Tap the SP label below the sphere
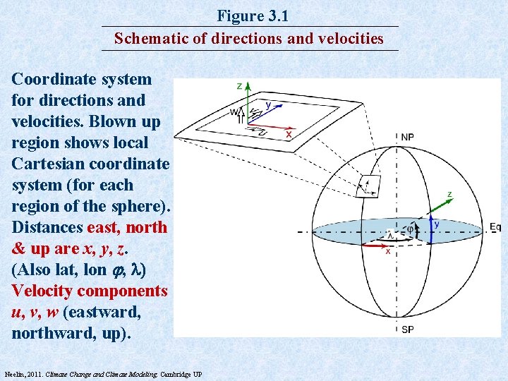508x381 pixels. [x=408, y=329]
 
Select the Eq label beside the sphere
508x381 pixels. [x=495, y=226]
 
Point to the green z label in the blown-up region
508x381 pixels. [x=240, y=86]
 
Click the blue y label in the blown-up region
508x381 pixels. [x=268, y=105]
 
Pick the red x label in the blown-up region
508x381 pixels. [x=289, y=134]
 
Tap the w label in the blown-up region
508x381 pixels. [x=234, y=111]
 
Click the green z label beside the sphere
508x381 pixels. [x=449, y=194]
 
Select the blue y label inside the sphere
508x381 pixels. [x=437, y=224]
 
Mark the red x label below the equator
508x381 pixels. [x=387, y=252]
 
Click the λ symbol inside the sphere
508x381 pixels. [x=389, y=235]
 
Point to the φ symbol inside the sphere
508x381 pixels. [x=409, y=229]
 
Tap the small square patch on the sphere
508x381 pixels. [x=368, y=186]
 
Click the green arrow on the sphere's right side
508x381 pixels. [x=437, y=207]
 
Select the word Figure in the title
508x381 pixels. [x=238, y=16]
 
